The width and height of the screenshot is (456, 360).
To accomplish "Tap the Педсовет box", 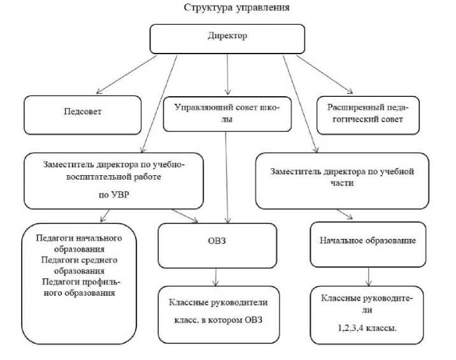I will click(x=83, y=112).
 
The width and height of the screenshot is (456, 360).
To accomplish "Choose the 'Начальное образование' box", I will click(x=367, y=241).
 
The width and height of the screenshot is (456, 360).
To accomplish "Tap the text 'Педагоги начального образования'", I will click(x=80, y=243).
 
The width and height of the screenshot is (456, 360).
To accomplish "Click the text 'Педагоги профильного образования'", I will click(x=80, y=288).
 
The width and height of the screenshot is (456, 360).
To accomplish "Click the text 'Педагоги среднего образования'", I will click(x=80, y=265).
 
